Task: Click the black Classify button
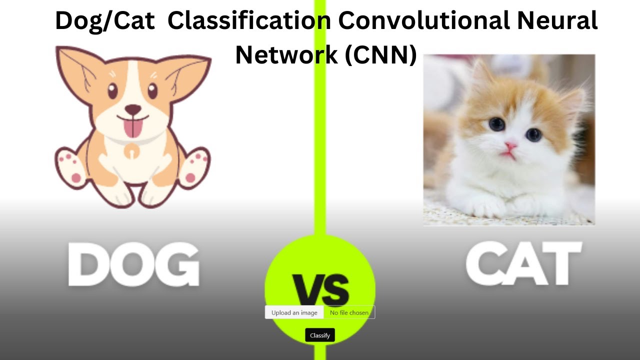click(320, 335)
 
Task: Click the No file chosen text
click(349, 312)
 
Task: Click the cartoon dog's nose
click(132, 109)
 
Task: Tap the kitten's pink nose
click(510, 146)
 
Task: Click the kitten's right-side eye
click(533, 134)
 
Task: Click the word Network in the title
click(286, 55)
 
